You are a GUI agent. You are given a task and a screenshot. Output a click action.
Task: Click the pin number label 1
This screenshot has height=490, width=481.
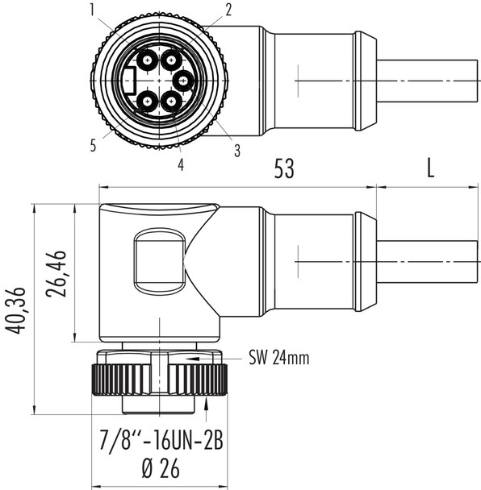(93, 10)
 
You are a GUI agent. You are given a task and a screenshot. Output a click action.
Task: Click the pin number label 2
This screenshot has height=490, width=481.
(228, 10)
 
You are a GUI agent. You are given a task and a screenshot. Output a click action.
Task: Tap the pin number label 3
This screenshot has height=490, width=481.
(237, 150)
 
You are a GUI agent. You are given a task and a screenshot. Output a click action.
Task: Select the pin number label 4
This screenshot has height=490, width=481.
(180, 164)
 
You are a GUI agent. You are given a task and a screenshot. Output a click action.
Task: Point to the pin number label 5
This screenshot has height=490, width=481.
(94, 146)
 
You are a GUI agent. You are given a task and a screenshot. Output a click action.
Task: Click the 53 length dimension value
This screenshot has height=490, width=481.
(283, 168)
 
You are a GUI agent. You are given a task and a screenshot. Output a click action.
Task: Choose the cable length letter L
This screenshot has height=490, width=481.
(430, 168)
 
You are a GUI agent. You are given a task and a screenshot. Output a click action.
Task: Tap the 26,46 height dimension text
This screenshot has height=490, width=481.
(56, 274)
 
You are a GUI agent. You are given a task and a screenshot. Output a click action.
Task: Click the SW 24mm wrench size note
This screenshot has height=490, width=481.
(278, 358)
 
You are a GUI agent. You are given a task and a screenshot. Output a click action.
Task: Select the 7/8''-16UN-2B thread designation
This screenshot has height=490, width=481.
(161, 442)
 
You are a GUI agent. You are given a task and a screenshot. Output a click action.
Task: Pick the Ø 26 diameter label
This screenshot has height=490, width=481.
(160, 468)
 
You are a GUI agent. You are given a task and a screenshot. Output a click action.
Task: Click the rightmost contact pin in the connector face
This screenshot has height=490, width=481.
(184, 80)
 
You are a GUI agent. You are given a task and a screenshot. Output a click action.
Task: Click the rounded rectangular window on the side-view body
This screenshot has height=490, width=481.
(159, 260)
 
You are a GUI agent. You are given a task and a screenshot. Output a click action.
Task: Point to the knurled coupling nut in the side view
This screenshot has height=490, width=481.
(160, 378)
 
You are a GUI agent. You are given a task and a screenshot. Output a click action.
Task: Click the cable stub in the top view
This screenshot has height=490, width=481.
(428, 81)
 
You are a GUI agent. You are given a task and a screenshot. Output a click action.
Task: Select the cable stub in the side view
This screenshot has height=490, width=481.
(428, 262)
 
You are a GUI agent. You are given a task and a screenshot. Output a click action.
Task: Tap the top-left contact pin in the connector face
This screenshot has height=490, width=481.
(148, 60)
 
